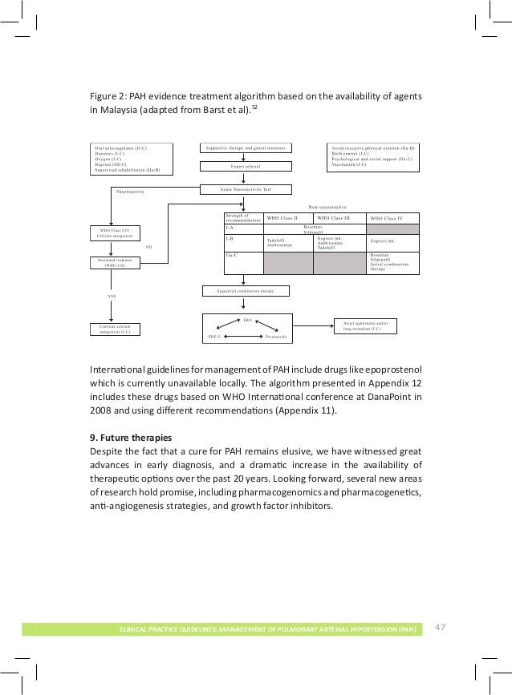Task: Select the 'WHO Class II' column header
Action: pos(282,218)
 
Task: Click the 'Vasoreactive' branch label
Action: pos(130,192)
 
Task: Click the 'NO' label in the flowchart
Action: pos(149,248)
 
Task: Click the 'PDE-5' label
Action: pos(214,337)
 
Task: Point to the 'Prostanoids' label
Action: pos(276,337)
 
